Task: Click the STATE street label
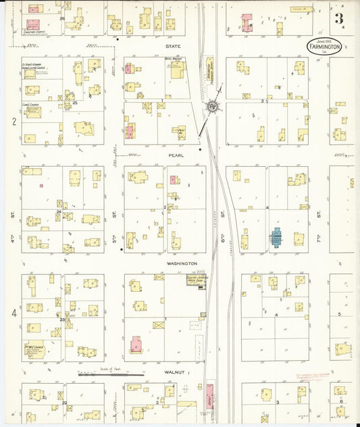(173, 46)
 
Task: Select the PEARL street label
(176, 155)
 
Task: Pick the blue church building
(277, 236)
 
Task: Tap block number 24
(59, 211)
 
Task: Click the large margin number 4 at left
(14, 313)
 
